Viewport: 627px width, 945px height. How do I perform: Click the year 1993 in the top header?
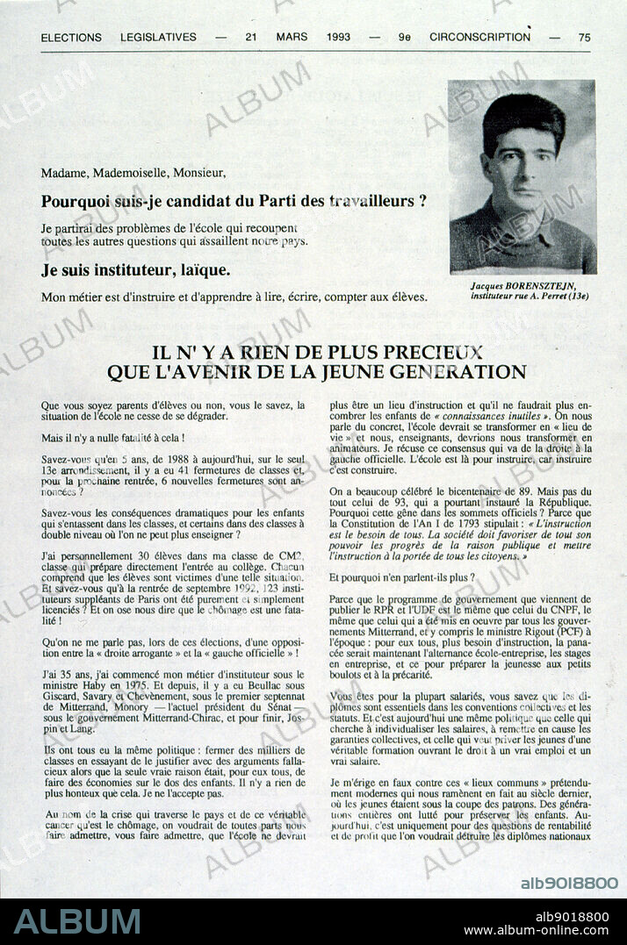(x=338, y=37)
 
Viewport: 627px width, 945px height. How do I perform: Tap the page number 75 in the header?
(x=585, y=37)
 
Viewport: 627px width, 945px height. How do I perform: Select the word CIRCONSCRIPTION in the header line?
(x=479, y=37)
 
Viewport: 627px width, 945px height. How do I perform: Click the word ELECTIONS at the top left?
(x=71, y=38)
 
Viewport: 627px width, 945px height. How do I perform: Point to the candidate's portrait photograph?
(x=522, y=176)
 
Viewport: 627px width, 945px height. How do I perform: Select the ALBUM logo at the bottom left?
(x=77, y=921)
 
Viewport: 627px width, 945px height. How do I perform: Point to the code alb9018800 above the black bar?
(x=569, y=883)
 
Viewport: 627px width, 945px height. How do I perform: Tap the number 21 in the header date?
(x=251, y=37)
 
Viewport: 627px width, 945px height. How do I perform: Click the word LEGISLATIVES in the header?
(x=158, y=38)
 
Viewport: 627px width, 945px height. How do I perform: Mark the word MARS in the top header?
(x=292, y=37)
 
